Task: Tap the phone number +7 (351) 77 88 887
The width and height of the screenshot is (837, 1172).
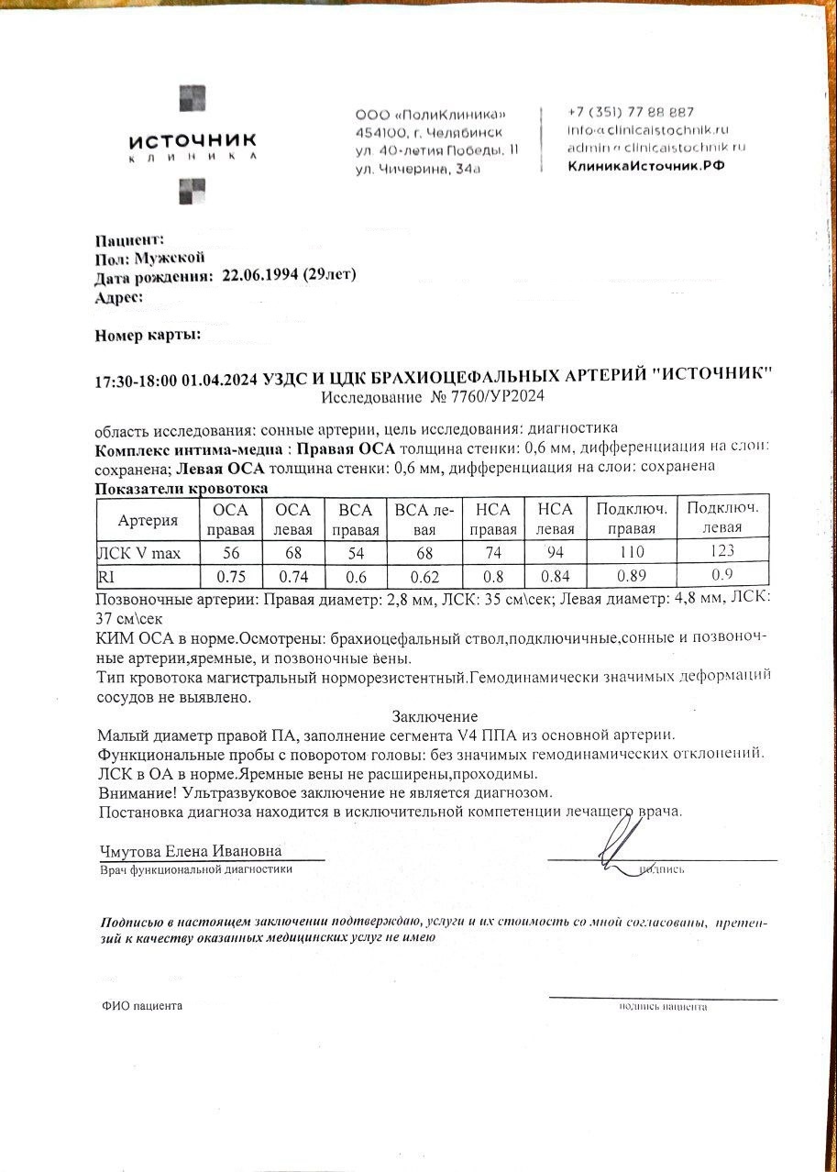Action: (x=631, y=112)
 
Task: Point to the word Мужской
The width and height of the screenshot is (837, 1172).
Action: (x=170, y=258)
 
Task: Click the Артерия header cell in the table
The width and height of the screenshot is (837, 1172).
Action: (x=148, y=520)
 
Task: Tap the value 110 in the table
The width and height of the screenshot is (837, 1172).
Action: (x=632, y=552)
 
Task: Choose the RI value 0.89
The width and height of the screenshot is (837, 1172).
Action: (x=632, y=577)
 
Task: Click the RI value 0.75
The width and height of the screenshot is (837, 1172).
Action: (x=231, y=577)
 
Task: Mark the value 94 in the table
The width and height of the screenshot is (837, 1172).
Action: (x=555, y=551)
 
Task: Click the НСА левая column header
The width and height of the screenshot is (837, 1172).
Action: (x=555, y=519)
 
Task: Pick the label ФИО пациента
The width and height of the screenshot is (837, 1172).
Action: (x=142, y=1006)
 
